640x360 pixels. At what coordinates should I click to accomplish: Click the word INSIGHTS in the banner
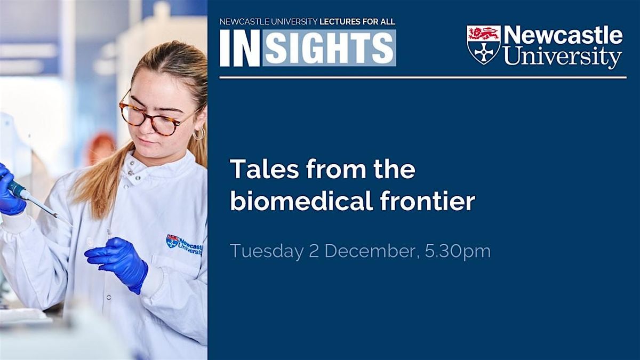pos(308,48)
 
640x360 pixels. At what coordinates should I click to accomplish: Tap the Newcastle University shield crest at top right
pos(483,44)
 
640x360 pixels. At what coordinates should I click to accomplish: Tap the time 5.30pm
pos(458,251)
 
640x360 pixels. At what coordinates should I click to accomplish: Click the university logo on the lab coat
pos(184,244)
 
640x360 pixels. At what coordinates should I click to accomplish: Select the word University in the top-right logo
pos(563,57)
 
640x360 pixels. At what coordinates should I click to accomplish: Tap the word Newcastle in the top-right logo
pos(563,36)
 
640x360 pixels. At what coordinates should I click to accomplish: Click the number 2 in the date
pos(314,251)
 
